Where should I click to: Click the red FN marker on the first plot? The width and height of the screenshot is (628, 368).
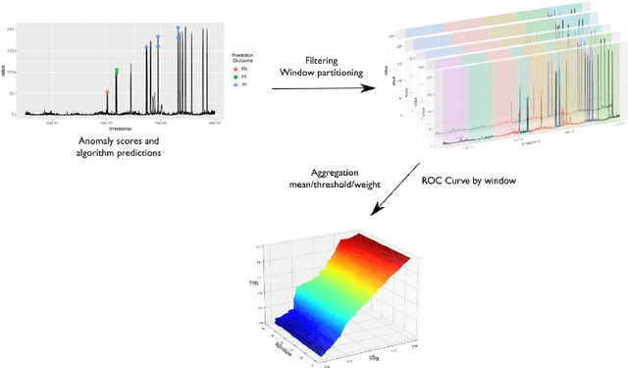point(107,92)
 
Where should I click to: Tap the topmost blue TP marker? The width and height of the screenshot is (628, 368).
point(178,28)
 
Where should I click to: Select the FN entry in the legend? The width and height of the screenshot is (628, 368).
point(235,69)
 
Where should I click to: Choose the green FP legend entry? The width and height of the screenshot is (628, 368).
point(235,77)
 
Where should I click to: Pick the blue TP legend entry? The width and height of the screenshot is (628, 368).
point(235,84)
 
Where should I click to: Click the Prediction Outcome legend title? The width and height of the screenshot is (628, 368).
point(243,58)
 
